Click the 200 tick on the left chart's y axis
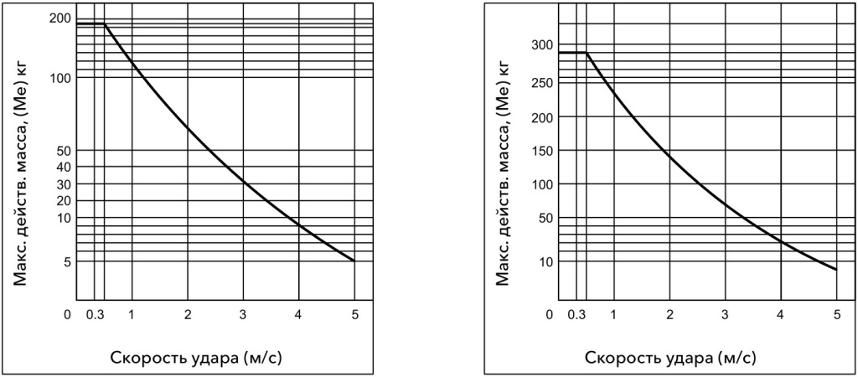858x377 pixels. tap(62, 18)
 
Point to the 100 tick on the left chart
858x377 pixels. tap(62, 78)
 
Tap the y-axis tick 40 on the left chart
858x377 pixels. tap(62, 168)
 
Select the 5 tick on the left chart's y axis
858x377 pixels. tap(65, 261)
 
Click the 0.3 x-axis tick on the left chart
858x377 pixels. tap(94, 315)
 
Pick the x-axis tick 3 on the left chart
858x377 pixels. tap(243, 315)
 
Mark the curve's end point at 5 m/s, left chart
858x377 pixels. tap(354, 261)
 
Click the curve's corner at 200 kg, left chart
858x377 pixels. tap(105, 23)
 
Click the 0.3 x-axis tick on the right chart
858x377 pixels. tap(576, 315)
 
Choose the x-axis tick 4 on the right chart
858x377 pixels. tap(781, 315)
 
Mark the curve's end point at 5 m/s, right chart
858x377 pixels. tap(836, 270)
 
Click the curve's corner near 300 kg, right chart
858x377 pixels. tap(587, 53)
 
